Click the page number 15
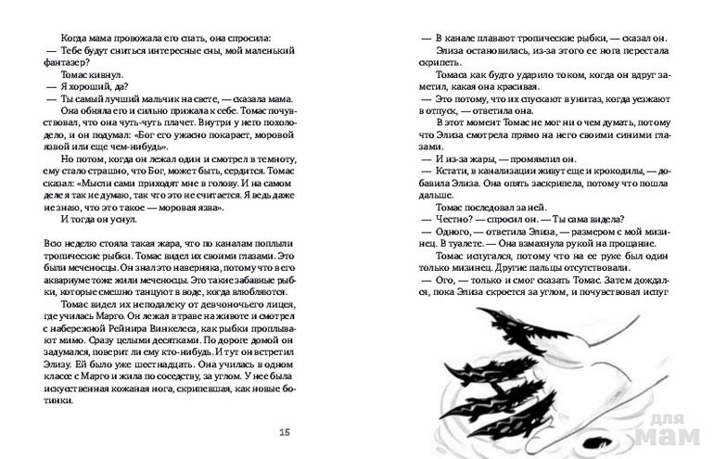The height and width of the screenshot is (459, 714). pos(285,432)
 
